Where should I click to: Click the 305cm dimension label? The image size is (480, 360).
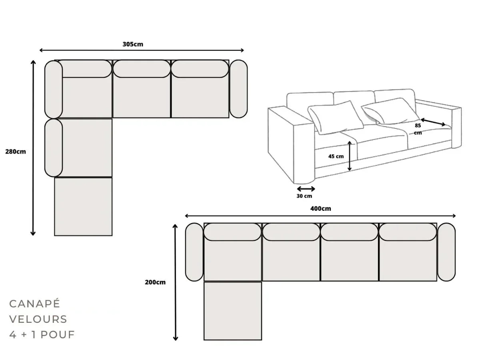point(132,44)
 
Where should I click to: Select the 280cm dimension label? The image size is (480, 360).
point(15,152)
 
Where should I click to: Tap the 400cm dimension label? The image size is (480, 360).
point(320,208)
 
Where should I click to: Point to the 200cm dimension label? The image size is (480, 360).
point(155,282)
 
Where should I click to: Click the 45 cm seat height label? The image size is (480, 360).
point(336,156)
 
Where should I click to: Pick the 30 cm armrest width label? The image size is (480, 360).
point(304,196)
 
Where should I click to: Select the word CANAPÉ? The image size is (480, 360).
point(34,304)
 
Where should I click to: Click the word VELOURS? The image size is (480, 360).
point(38,319)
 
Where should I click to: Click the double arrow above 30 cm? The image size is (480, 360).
point(306,189)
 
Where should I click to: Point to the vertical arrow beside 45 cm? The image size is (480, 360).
point(350,156)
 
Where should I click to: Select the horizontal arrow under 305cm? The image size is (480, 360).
point(142,50)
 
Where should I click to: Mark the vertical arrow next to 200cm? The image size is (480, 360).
point(175,282)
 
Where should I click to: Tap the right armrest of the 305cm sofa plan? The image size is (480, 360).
point(238,89)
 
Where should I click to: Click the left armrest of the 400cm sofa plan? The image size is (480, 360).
point(194,252)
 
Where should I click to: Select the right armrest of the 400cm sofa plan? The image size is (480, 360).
point(446,252)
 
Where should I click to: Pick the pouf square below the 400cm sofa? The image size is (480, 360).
point(232,311)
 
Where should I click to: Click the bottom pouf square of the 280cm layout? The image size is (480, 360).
point(83,206)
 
